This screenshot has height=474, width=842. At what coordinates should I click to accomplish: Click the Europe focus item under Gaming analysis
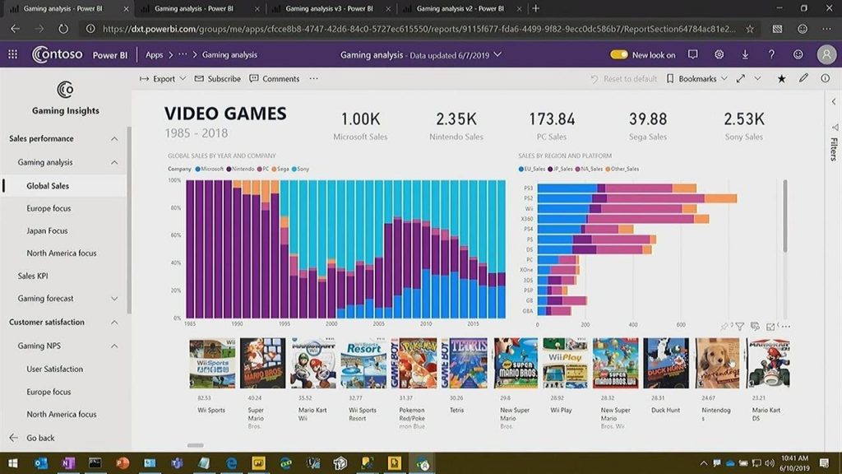[49, 208]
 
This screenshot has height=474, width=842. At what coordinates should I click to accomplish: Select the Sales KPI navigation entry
[33, 276]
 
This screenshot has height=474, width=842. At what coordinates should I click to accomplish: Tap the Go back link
[40, 438]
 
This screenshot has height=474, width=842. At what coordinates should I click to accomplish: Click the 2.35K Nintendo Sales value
[456, 119]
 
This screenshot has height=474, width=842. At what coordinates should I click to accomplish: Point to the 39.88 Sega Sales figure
[648, 119]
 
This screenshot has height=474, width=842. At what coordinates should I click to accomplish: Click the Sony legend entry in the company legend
[301, 169]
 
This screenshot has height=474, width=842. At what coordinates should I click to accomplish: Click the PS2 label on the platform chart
[528, 198]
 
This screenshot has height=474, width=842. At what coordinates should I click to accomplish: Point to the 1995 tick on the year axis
[284, 324]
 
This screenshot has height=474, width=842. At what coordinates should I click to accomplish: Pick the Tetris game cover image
[468, 363]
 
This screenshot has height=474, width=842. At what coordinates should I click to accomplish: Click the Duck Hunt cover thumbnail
[666, 363]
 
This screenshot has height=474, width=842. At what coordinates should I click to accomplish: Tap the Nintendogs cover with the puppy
[717, 363]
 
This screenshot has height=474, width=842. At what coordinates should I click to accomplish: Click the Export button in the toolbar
[159, 79]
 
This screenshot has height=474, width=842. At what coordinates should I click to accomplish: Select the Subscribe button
[218, 79]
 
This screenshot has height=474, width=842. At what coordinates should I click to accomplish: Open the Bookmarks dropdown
[697, 79]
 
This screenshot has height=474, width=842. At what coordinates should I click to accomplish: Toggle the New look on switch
[619, 55]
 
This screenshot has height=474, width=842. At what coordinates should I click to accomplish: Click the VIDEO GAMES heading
[225, 114]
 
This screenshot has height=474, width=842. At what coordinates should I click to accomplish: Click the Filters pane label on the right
[833, 149]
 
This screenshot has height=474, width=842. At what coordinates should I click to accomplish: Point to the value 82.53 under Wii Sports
[204, 398]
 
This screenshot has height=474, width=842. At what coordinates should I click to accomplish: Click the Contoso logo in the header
[57, 55]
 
